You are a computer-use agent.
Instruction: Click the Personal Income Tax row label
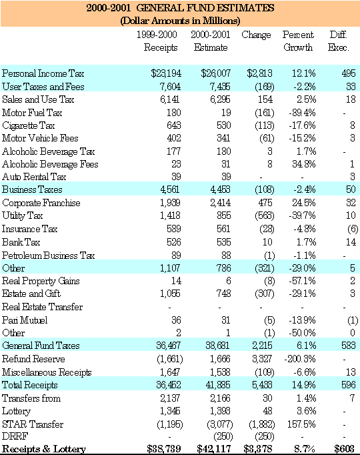pos(43,73)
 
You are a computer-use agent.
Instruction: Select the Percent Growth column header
pos(298,41)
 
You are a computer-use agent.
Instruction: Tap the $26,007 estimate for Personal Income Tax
pos(216,73)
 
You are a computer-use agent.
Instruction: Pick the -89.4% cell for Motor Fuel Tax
pos(302,113)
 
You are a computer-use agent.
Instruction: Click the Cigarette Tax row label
pos(28,125)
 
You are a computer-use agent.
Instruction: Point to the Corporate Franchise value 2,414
pos(221,203)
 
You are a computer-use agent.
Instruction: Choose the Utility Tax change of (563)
pos(265,215)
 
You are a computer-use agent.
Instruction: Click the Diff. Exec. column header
pos(338,41)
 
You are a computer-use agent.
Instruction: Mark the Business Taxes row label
pos(32,189)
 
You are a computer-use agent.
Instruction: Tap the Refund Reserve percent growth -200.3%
pos(300,359)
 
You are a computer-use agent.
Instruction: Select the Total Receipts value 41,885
pos(218,385)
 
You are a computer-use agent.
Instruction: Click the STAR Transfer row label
pos(33,424)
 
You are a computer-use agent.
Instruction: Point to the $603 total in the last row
pos(345,448)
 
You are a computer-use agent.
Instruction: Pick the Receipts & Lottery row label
pos(44,449)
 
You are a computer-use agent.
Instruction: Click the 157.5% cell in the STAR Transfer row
pos(301,424)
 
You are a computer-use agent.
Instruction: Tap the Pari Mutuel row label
pos(25,320)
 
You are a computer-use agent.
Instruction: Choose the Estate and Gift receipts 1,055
pos(170,294)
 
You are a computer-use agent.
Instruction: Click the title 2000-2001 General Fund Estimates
pos(180,7)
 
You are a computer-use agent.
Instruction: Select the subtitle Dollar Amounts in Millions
pos(180,21)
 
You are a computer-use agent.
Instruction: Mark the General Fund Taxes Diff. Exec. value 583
pos(349,346)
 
